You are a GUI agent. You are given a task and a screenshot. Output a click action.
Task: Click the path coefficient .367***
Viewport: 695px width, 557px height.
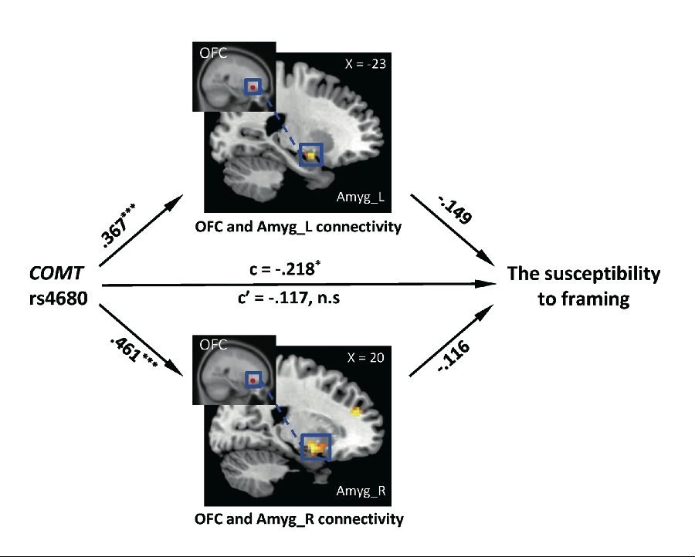(117, 225)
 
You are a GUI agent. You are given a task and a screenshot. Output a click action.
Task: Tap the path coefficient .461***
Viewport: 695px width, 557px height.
(134, 353)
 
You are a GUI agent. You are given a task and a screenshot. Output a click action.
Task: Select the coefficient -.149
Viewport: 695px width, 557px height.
(455, 209)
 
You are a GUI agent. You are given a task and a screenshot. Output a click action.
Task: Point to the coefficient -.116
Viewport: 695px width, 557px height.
(453, 356)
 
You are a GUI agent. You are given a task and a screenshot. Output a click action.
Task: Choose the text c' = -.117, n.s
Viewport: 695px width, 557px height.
(289, 298)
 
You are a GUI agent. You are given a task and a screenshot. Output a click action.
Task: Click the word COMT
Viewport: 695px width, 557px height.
(56, 273)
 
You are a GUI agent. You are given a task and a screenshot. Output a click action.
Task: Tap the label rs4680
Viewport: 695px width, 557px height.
(58, 299)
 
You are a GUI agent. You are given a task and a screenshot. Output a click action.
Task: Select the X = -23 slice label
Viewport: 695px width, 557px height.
(365, 64)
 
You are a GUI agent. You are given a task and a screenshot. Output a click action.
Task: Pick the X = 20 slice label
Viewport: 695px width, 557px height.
(365, 358)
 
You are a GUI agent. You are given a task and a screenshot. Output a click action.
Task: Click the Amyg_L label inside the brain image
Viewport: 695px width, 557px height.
(361, 197)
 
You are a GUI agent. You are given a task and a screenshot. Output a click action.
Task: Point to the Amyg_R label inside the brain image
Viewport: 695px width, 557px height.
(361, 491)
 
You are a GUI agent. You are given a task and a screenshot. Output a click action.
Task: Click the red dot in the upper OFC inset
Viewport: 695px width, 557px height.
(253, 88)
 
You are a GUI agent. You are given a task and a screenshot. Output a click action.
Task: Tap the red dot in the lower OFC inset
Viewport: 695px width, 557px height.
(253, 380)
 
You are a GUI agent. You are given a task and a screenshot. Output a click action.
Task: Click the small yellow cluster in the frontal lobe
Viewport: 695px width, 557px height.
(356, 412)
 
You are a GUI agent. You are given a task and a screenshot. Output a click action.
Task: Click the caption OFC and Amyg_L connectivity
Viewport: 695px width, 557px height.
(298, 227)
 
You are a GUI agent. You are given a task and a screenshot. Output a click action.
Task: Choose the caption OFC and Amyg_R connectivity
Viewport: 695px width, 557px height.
(299, 519)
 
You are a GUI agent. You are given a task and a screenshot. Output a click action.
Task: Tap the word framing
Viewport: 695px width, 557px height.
(584, 299)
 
